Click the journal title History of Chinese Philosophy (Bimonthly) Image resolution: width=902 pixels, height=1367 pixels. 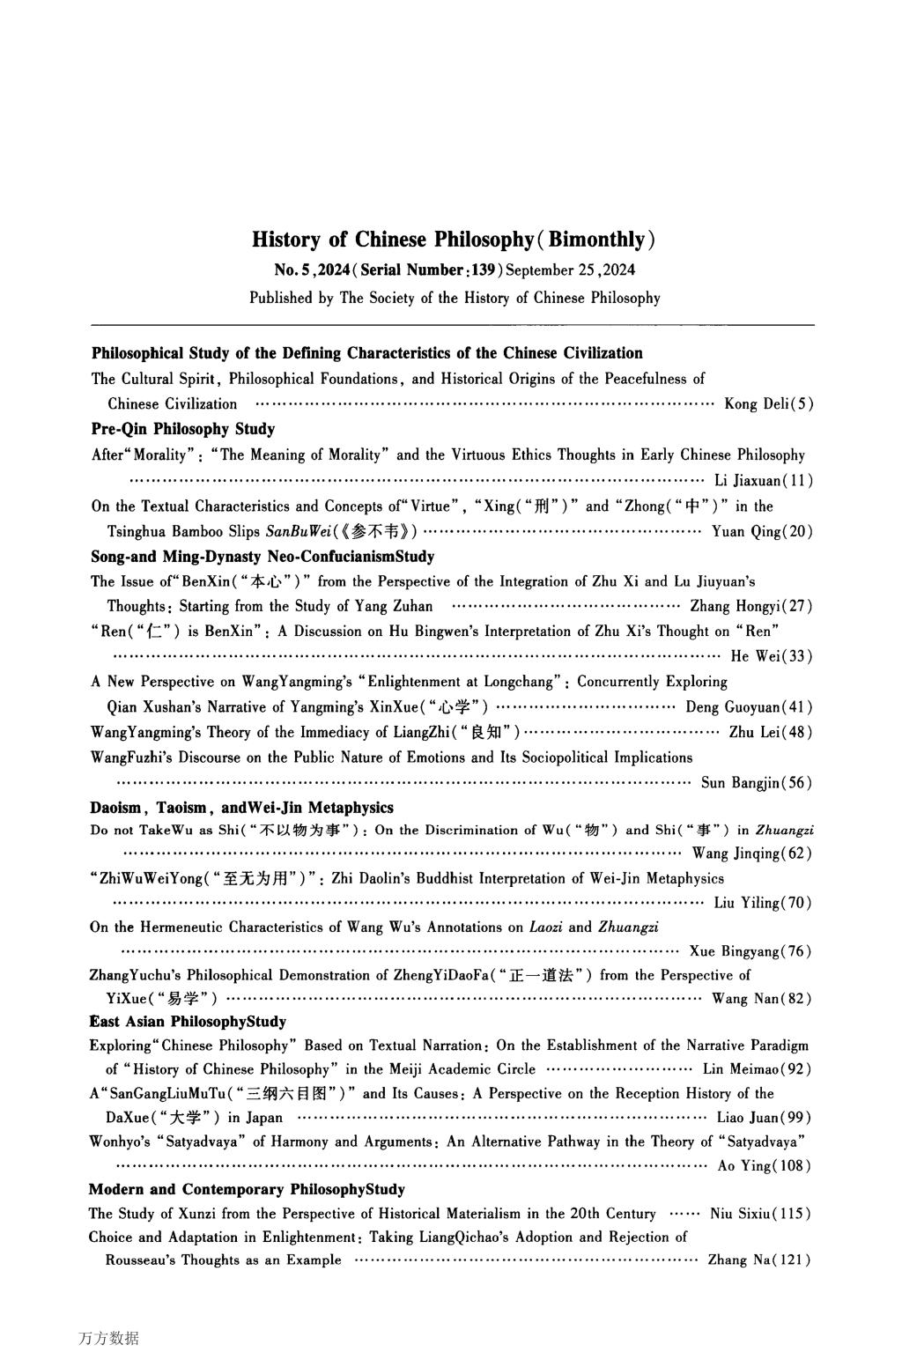pyautogui.click(x=453, y=240)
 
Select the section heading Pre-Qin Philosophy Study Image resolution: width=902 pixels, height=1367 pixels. pyautogui.click(x=182, y=429)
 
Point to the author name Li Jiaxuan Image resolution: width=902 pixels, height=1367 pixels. pyautogui.click(x=745, y=481)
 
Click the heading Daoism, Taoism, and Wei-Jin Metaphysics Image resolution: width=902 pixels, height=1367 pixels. pyautogui.click(x=241, y=808)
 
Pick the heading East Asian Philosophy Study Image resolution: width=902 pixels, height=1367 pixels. pyautogui.click(x=188, y=1022)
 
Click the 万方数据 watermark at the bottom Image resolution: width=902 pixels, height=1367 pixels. pyautogui.click(x=108, y=1339)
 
